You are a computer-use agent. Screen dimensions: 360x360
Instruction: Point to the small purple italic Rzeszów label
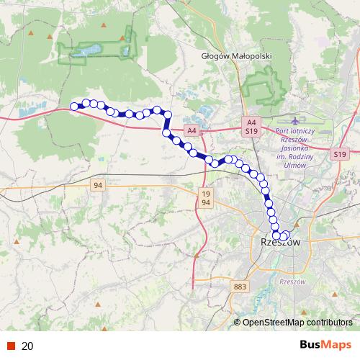293,282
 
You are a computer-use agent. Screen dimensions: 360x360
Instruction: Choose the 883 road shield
240,287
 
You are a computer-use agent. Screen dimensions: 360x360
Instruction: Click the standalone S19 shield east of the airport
341,154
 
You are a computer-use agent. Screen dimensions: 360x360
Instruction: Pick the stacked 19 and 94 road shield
206,198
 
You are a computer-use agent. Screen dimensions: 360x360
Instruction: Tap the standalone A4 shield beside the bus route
191,131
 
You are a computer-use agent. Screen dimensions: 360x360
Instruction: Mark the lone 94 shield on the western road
99,186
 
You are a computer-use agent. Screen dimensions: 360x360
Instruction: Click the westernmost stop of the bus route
73,107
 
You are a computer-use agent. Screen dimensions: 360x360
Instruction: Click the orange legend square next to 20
12,346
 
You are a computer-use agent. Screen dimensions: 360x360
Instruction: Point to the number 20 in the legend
27,346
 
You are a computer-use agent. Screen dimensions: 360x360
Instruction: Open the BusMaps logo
325,346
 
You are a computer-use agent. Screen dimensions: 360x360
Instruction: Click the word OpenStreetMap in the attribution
273,323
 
